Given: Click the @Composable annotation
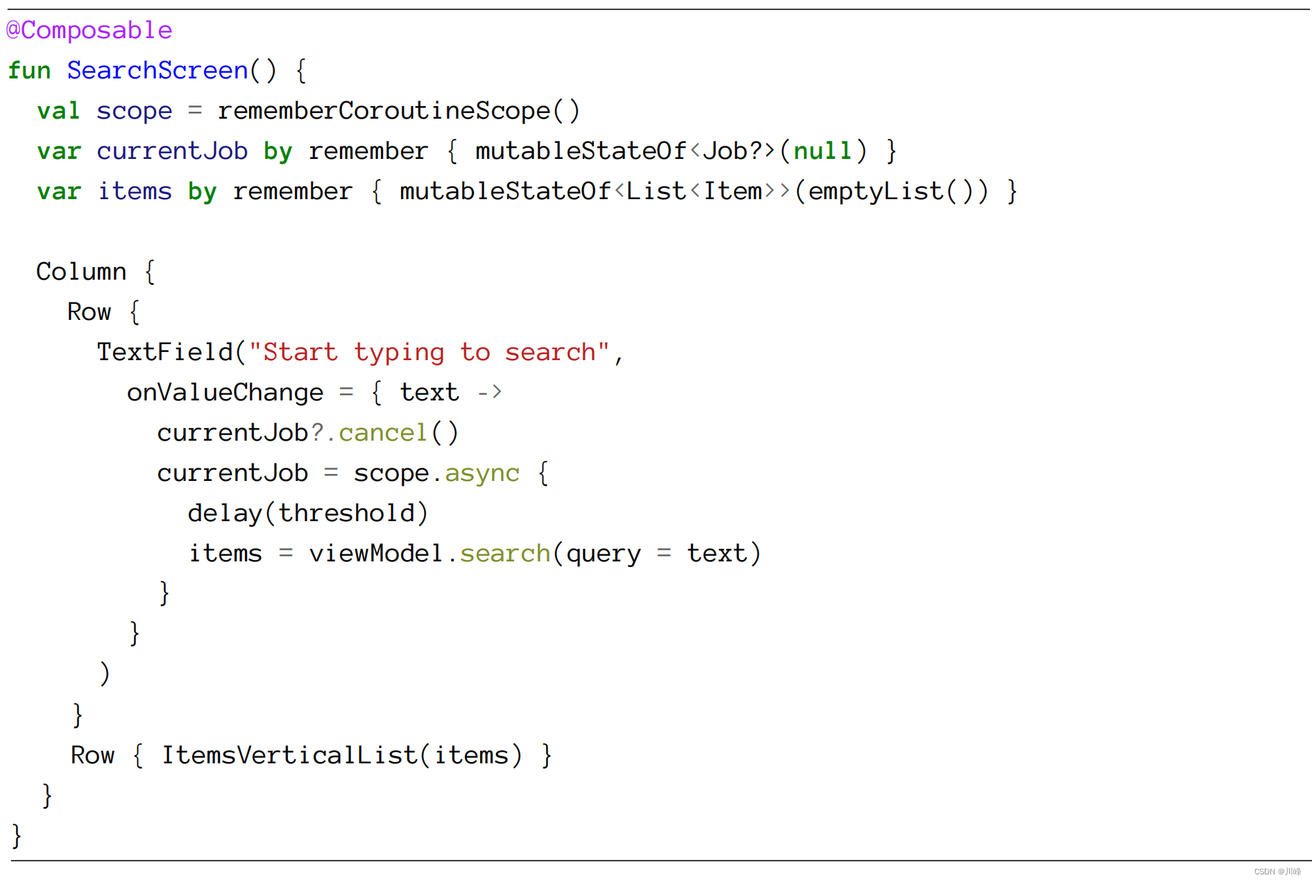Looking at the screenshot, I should pyautogui.click(x=89, y=31).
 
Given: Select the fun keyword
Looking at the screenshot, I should pyautogui.click(x=29, y=71).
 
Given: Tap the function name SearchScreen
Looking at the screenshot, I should pyautogui.click(x=157, y=71).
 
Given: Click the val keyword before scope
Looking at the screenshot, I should pyautogui.click(x=58, y=111).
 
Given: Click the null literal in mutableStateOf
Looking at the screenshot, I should pyautogui.click(x=822, y=151).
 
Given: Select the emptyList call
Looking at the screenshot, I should pyautogui.click(x=876, y=192).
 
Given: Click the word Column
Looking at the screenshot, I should pyautogui.click(x=81, y=272).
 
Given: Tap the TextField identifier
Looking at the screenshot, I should pyautogui.click(x=164, y=353).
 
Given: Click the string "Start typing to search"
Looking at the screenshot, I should pyautogui.click(x=429, y=353).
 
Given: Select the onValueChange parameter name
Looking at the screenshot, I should pyautogui.click(x=225, y=393).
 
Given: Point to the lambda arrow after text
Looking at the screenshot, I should pyautogui.click(x=489, y=393).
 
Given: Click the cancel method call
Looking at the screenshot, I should pyautogui.click(x=382, y=433).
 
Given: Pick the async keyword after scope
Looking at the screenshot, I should pyautogui.click(x=482, y=473).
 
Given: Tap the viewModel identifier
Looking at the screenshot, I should pyautogui.click(x=375, y=554).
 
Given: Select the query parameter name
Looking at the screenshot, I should pyautogui.click(x=603, y=554).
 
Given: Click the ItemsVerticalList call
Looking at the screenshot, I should pyautogui.click(x=289, y=755).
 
